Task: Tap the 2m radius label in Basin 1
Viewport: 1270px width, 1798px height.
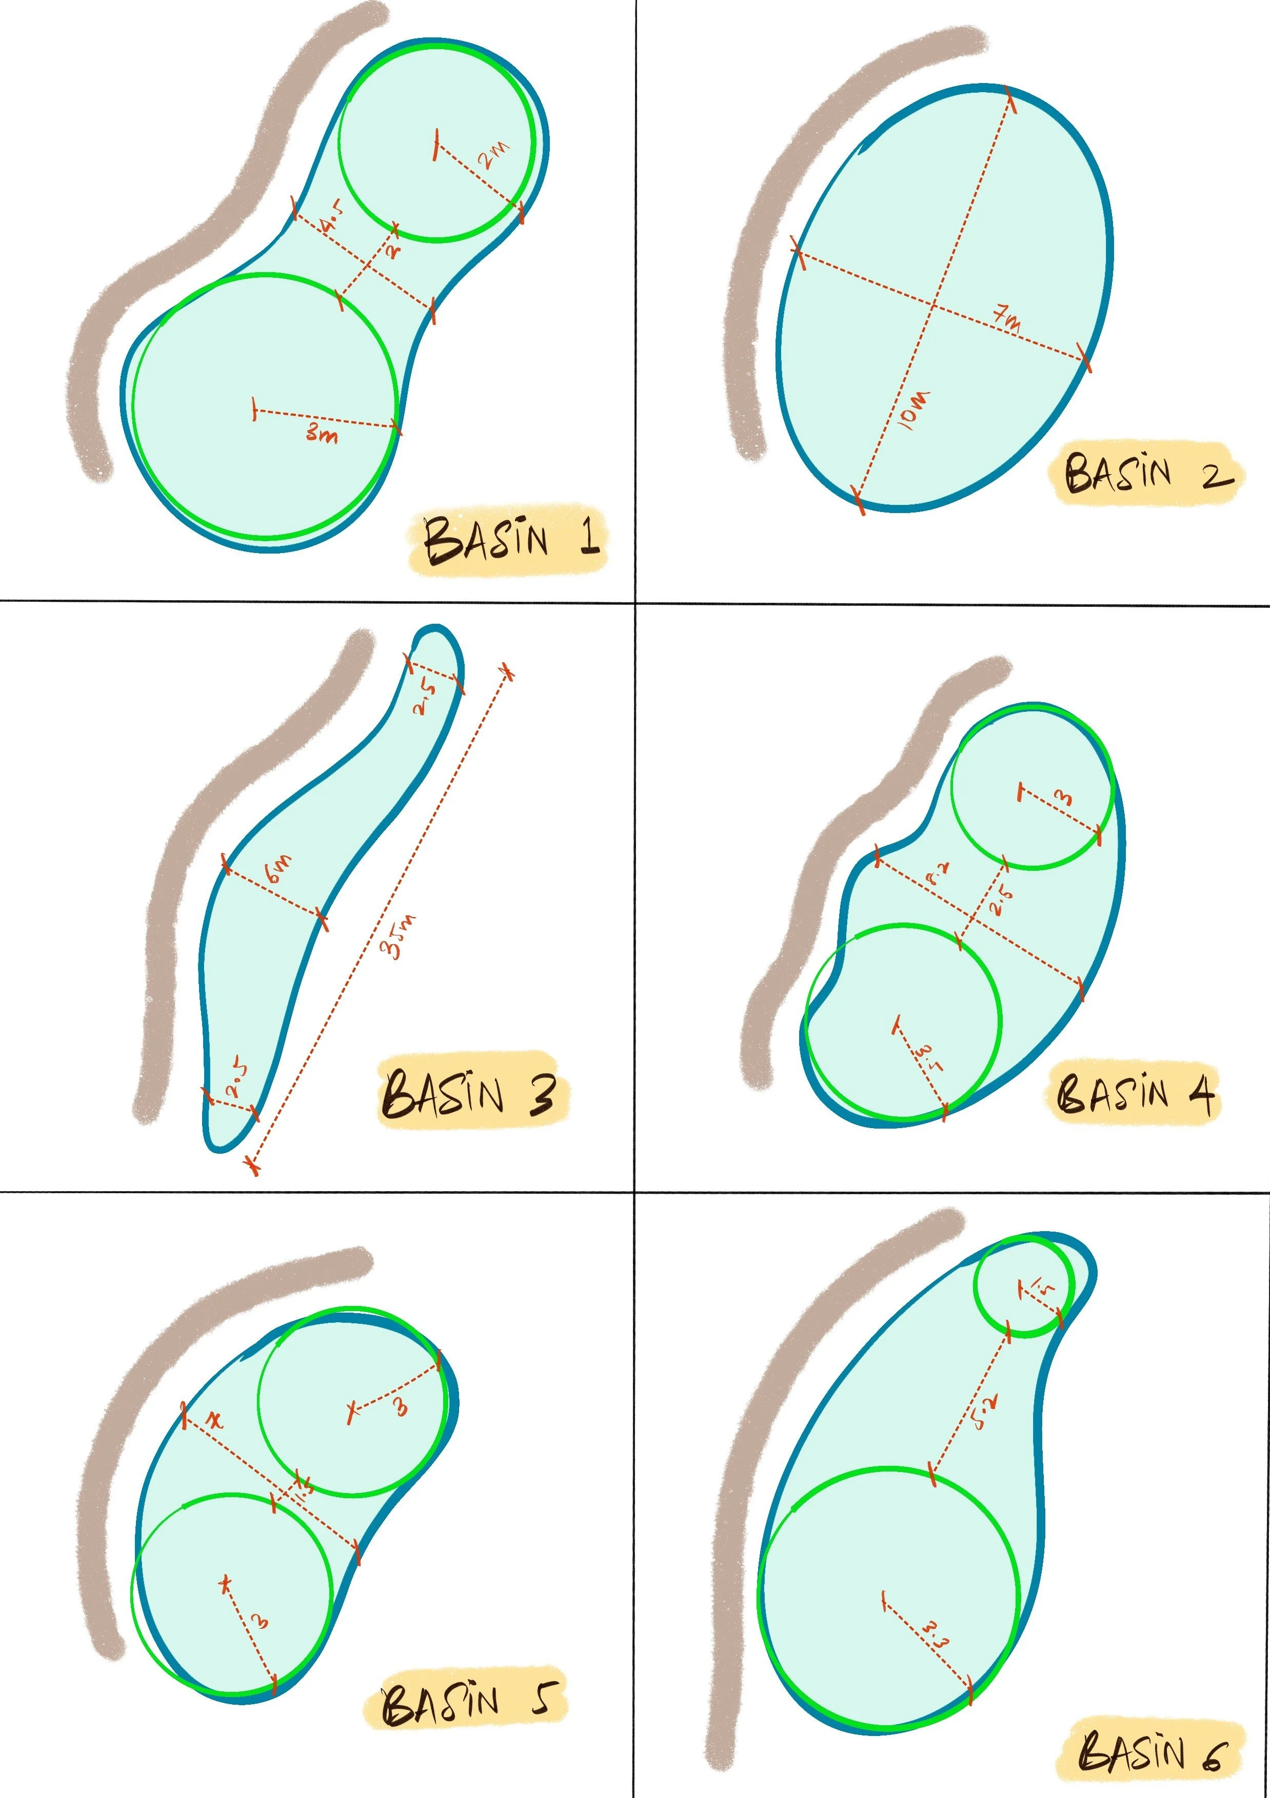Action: coord(493,155)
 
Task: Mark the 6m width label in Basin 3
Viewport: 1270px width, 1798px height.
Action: coord(279,868)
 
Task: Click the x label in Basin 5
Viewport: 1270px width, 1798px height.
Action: coord(213,1420)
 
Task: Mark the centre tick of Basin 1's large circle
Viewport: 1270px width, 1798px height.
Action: coord(254,409)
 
